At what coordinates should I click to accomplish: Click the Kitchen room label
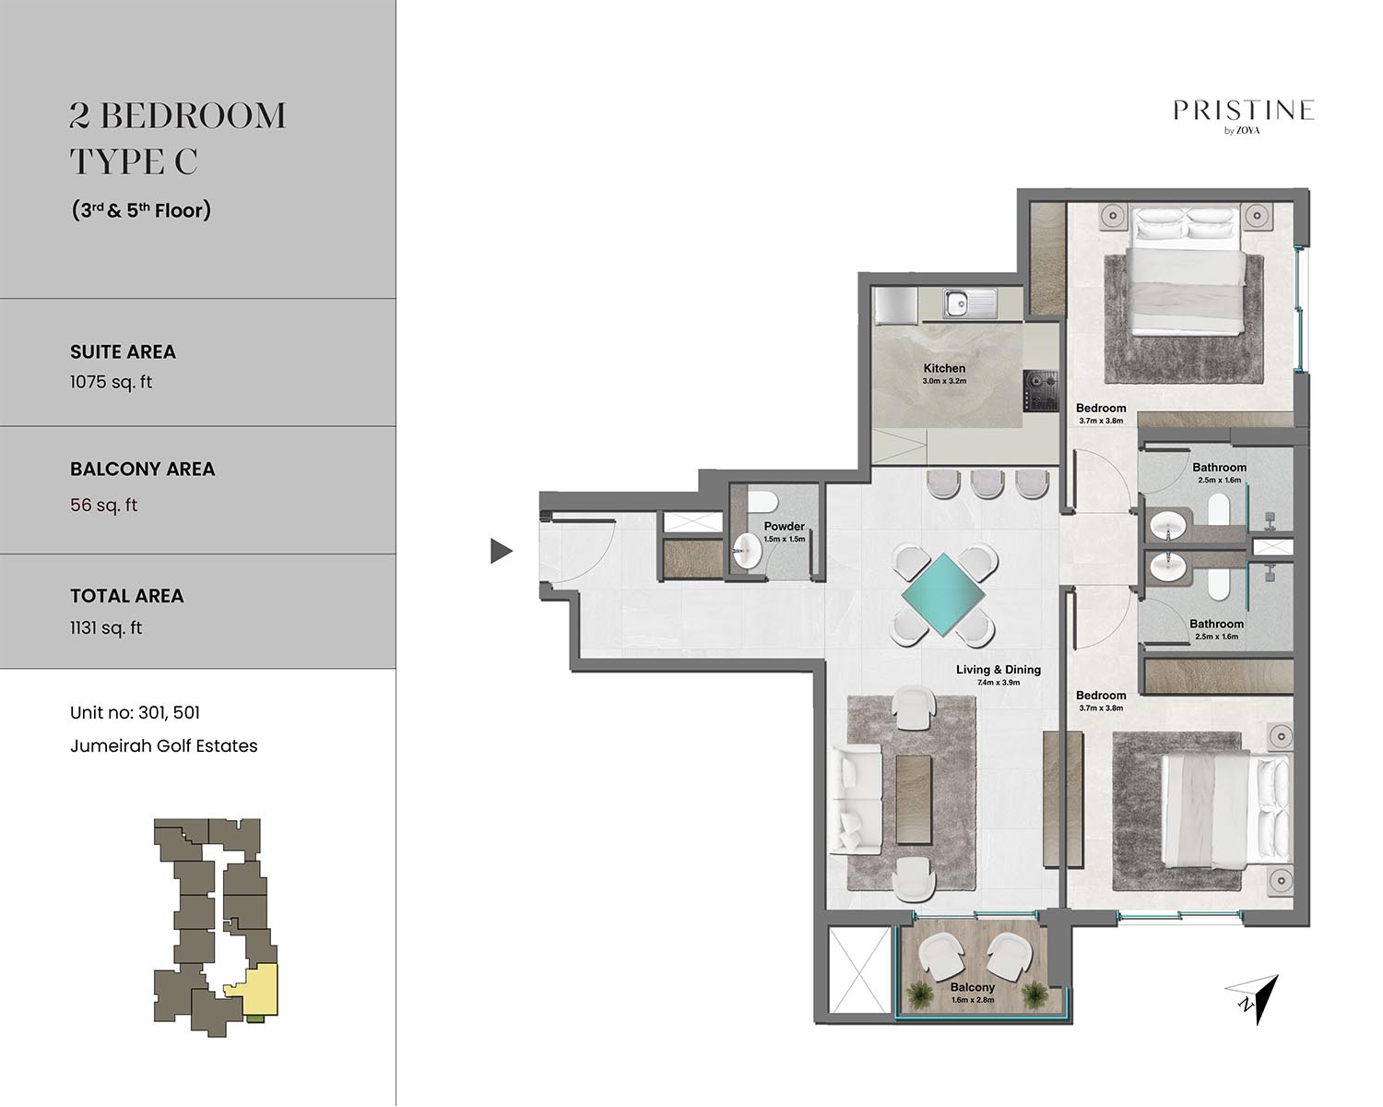[x=944, y=368]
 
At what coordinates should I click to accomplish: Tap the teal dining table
[x=943, y=594]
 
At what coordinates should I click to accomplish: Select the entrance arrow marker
[x=502, y=551]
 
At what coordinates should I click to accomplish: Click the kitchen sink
[x=969, y=303]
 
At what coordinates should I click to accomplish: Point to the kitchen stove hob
[x=1041, y=390]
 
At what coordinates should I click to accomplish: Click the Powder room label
[x=784, y=526]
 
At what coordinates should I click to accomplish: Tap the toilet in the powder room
[x=762, y=502]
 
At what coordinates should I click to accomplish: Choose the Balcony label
[x=973, y=987]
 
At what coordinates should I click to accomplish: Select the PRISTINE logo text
[x=1244, y=111]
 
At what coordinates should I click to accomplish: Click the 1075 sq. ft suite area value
[x=112, y=382]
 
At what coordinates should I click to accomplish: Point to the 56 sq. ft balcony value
[x=104, y=505]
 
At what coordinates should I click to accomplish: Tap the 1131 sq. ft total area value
[x=106, y=628]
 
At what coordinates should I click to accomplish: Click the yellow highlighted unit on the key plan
[x=257, y=989]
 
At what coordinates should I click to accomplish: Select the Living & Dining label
[x=998, y=670]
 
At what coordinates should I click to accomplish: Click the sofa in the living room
[x=855, y=799]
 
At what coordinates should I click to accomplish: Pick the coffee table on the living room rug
[x=913, y=799]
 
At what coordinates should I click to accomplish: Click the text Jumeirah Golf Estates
[x=164, y=746]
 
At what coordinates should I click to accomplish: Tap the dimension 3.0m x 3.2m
[x=944, y=381]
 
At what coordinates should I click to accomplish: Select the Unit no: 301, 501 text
[x=135, y=713]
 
